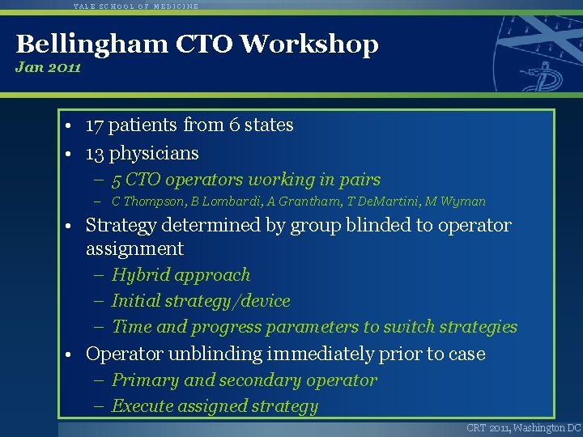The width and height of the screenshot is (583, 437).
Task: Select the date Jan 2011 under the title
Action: click(48, 67)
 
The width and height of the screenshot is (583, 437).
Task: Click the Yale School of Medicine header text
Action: click(135, 6)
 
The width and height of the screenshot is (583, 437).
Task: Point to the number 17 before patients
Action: click(94, 125)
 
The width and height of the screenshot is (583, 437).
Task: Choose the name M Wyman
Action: click(454, 202)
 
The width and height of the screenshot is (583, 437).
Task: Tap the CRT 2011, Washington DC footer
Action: click(523, 428)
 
